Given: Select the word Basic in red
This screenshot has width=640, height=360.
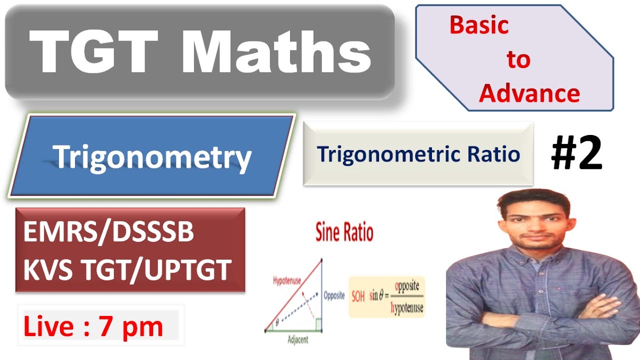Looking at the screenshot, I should (x=479, y=25).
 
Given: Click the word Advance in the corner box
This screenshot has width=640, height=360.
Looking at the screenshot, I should (x=529, y=93).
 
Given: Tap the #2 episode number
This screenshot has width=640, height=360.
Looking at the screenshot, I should (x=576, y=154).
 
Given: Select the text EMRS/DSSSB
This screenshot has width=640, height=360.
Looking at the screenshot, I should (x=108, y=233).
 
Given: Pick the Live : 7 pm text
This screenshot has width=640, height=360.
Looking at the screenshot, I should (x=93, y=327).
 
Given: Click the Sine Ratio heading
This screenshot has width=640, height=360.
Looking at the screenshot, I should (x=344, y=233).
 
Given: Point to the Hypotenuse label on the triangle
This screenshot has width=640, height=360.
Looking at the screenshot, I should (x=286, y=281).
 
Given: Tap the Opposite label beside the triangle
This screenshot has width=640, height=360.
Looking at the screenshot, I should (x=334, y=295).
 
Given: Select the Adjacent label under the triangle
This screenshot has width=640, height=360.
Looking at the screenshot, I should (x=298, y=340).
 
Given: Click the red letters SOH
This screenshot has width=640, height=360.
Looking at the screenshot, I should (x=358, y=296).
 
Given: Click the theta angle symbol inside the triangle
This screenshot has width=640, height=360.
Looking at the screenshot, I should (x=277, y=324).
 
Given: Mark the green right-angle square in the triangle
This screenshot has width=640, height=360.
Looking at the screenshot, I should (x=317, y=326).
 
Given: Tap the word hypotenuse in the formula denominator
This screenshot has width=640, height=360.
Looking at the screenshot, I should (x=406, y=308).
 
